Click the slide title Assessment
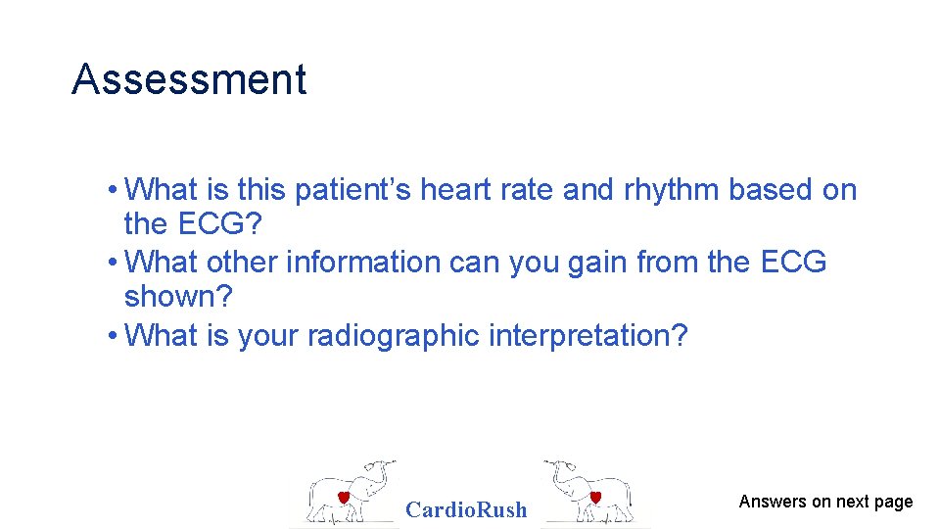(189, 79)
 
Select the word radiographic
(394, 336)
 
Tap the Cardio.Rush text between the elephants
(466, 509)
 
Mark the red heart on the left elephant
(344, 498)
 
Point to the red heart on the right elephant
(594, 498)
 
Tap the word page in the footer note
(894, 503)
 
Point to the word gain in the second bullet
(595, 263)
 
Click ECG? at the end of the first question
(220, 225)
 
